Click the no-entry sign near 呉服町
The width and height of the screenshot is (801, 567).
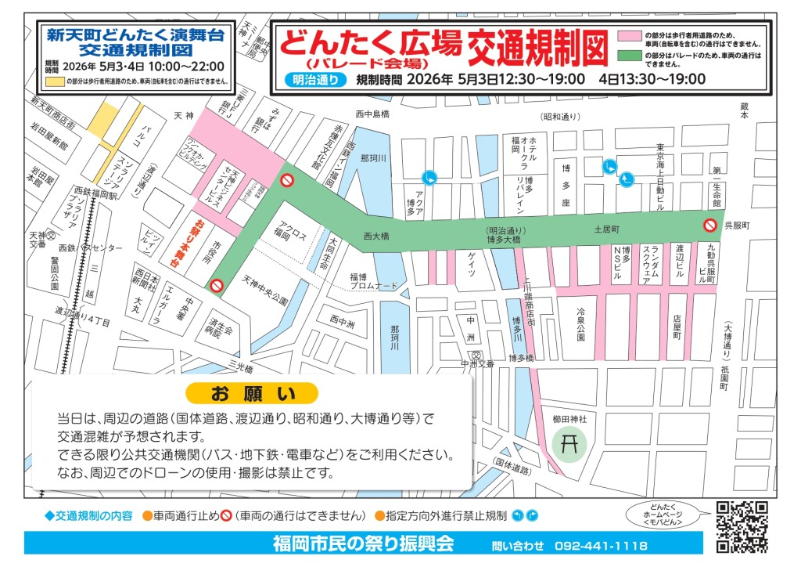710,226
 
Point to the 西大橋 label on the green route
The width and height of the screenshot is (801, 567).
376,236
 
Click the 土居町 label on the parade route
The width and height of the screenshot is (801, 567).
606,230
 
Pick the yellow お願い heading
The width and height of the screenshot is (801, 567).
252,392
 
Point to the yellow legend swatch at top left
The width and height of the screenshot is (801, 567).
54,81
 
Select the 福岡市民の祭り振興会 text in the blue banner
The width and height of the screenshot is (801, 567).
363,544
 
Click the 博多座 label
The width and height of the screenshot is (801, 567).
566,188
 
